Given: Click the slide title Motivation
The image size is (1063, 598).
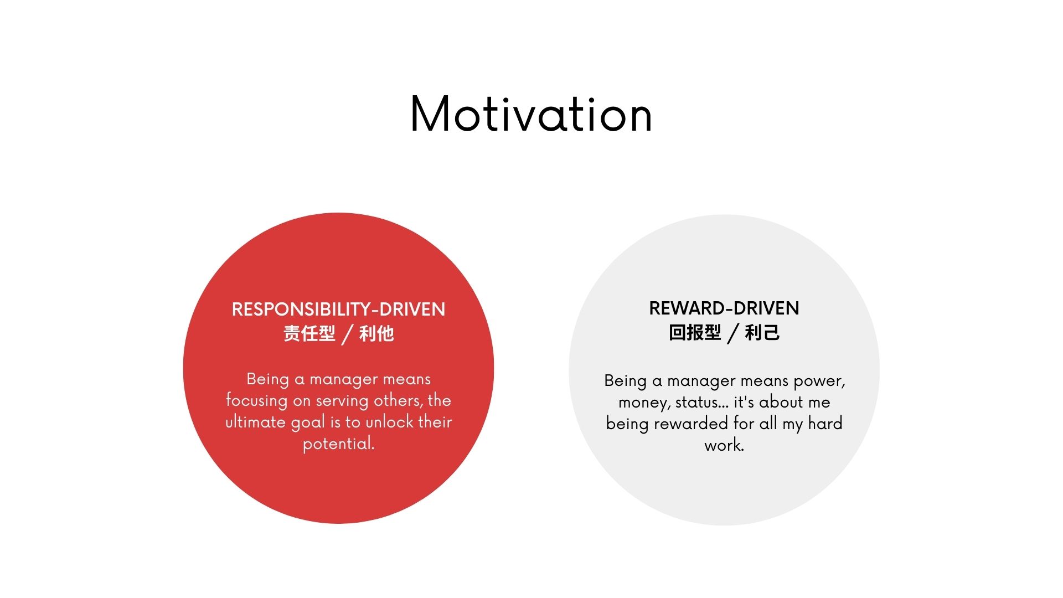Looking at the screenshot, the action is (x=531, y=114).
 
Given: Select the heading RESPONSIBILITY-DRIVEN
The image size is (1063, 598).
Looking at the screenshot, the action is (x=338, y=309).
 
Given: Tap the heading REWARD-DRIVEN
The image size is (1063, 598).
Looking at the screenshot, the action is (x=724, y=308).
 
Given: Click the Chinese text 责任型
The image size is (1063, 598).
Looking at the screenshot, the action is (x=309, y=333).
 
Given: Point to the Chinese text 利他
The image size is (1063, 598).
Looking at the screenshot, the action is (x=376, y=333).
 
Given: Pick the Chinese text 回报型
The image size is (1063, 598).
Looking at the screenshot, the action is (x=695, y=332).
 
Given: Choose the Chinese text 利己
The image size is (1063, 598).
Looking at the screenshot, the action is (x=762, y=332).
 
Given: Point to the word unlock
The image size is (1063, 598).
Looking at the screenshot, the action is (x=390, y=422).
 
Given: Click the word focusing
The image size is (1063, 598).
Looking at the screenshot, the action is (x=256, y=401).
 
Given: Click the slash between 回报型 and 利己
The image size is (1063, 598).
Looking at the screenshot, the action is (x=733, y=333).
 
